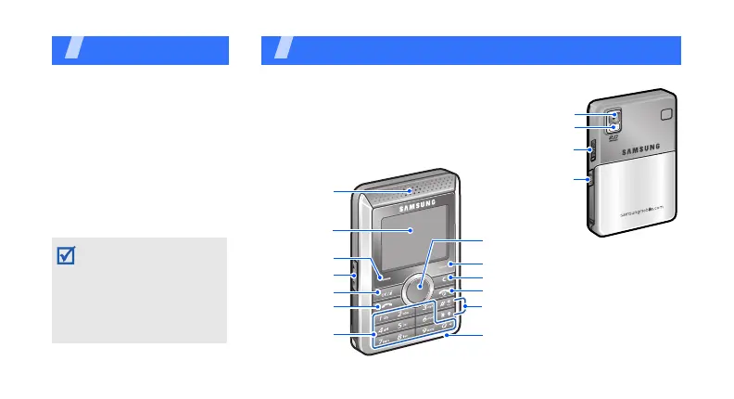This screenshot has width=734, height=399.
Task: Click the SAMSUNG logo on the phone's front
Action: [x=419, y=207]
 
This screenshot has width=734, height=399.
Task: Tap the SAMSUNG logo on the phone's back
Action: [x=639, y=145]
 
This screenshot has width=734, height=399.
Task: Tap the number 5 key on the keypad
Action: [x=404, y=327]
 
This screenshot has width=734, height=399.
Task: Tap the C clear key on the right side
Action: [x=450, y=277]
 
